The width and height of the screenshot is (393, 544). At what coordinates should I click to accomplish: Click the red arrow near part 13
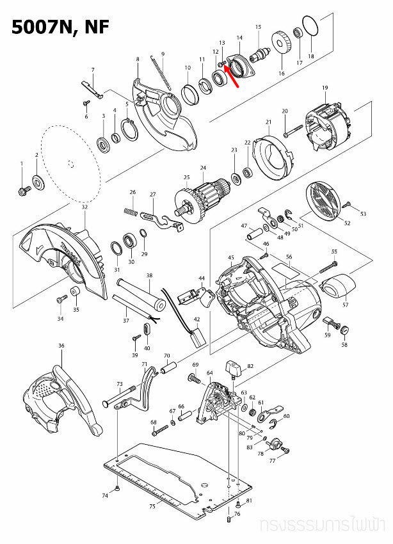pyautogui.click(x=232, y=76)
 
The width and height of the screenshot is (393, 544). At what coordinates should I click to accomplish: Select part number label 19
pyautogui.click(x=325, y=88)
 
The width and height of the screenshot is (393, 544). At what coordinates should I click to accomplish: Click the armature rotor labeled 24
pyautogui.click(x=204, y=193)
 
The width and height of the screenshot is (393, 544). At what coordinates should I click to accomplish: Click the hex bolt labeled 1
pyautogui.click(x=22, y=190)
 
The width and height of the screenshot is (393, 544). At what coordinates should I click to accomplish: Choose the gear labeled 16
pyautogui.click(x=281, y=47)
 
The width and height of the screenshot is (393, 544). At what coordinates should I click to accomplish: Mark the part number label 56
pyautogui.click(x=289, y=257)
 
